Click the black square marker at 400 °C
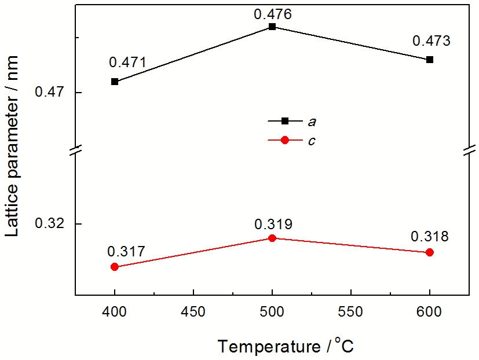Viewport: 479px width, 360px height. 115,82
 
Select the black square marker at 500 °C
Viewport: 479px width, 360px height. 272,27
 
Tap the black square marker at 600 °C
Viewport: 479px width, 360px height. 430,60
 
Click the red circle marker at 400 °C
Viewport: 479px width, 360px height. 115,267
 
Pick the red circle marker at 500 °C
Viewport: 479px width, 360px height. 272,238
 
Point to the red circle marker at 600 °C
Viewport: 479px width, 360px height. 430,252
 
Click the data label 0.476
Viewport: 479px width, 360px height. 272,13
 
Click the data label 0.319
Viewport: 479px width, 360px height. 273,224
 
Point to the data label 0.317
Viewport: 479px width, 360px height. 126,252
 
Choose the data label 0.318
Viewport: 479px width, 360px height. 430,237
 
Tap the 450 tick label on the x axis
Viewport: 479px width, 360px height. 193,312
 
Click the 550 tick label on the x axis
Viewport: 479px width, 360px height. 351,312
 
